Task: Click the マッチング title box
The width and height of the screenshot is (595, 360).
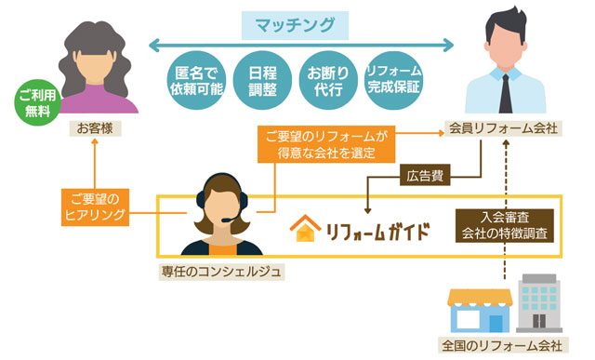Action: (295, 25)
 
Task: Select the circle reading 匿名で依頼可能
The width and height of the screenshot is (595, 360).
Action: (196, 81)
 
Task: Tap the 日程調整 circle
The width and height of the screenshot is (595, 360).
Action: (262, 81)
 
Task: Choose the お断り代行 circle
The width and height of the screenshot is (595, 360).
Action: (328, 81)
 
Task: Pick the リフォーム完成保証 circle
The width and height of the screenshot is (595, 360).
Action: (393, 81)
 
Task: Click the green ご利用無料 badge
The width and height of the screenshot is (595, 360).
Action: (37, 102)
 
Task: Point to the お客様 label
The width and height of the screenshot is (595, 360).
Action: (95, 128)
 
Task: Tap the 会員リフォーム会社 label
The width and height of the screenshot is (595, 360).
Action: (503, 128)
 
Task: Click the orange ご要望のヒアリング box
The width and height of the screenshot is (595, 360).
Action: (95, 207)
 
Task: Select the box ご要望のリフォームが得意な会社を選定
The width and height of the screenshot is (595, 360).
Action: (326, 144)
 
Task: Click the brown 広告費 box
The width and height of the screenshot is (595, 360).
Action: (425, 175)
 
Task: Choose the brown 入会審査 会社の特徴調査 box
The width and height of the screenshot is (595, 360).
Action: (505, 225)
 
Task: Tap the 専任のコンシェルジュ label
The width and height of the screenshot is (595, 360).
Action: (221, 272)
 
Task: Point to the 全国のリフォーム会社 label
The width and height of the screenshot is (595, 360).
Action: (503, 345)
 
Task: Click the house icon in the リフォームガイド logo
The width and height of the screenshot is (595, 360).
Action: (306, 228)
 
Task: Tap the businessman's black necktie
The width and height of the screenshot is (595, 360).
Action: (505, 94)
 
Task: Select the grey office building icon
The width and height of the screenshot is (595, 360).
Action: (539, 303)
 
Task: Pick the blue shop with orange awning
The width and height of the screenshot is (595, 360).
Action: (480, 311)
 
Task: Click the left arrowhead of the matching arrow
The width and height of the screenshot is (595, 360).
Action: (153, 46)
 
